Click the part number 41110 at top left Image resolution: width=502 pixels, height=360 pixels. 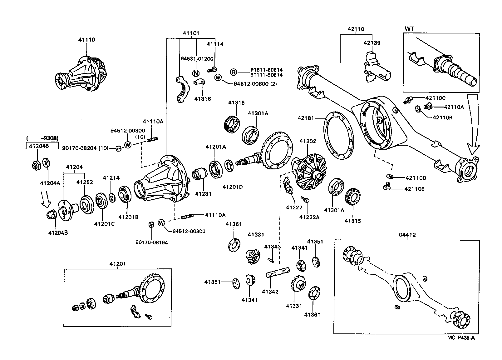(86, 40)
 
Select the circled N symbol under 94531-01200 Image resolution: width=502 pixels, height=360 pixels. (196, 73)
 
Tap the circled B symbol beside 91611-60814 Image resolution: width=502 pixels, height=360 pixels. (234, 72)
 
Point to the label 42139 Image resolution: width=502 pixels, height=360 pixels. (372, 43)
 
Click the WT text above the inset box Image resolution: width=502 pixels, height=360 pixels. (409, 29)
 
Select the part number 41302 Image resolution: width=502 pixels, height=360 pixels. (308, 141)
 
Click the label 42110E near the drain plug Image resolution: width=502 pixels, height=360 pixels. (414, 189)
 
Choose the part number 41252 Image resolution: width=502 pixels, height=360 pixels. (85, 182)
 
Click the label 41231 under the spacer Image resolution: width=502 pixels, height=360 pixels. (203, 194)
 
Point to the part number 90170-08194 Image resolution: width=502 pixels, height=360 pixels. (151, 242)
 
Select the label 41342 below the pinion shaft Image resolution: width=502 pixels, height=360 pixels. (270, 292)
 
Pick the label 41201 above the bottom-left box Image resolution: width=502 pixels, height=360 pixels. (118, 264)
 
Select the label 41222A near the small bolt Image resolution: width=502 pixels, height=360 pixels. (309, 217)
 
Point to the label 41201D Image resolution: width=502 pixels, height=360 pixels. (233, 187)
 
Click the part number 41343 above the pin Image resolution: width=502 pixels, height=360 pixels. (273, 247)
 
